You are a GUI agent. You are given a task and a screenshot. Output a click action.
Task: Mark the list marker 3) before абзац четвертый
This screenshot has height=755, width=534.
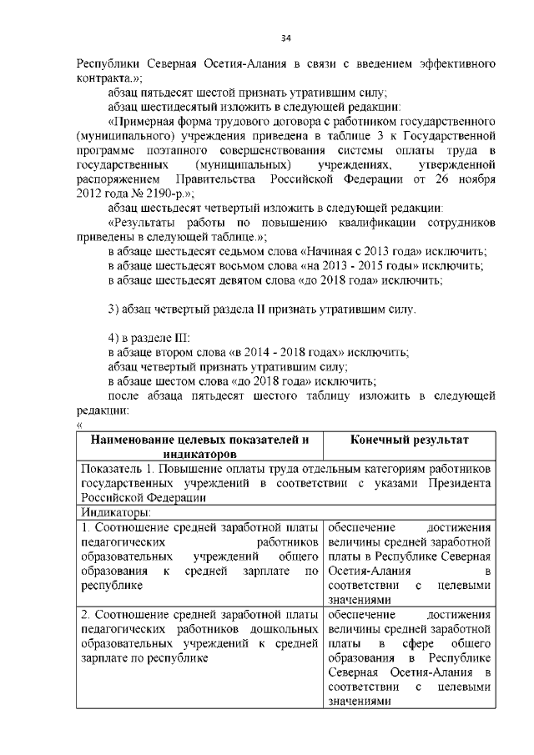click(117, 310)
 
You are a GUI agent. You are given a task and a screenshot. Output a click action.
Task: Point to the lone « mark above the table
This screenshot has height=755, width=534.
click(79, 425)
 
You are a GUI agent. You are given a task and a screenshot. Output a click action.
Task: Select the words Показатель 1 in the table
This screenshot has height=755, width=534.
click(116, 468)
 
